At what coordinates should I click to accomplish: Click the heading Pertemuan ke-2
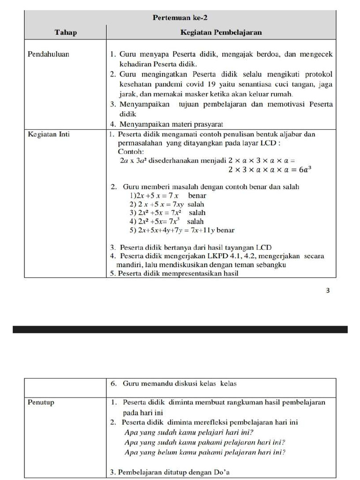click(x=180, y=18)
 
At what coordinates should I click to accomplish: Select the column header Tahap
click(x=66, y=32)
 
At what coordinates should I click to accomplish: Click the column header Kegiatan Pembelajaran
click(x=221, y=32)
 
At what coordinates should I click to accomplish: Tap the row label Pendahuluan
click(x=49, y=54)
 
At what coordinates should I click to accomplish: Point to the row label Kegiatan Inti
click(x=49, y=135)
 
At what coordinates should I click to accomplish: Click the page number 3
click(x=328, y=291)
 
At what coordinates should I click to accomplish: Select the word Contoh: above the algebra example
click(x=132, y=151)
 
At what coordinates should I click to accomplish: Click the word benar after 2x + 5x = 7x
click(x=197, y=195)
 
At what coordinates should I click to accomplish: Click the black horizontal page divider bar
click(x=180, y=330)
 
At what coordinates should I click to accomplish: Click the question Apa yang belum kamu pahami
click(x=205, y=452)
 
